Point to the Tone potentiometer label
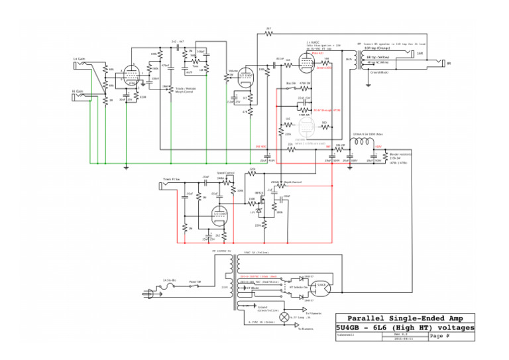coord(195,66)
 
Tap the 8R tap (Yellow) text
coord(377,58)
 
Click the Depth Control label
coord(292,181)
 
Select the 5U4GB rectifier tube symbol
coord(323,287)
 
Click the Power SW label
coord(195,281)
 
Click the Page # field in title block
coord(439,337)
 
